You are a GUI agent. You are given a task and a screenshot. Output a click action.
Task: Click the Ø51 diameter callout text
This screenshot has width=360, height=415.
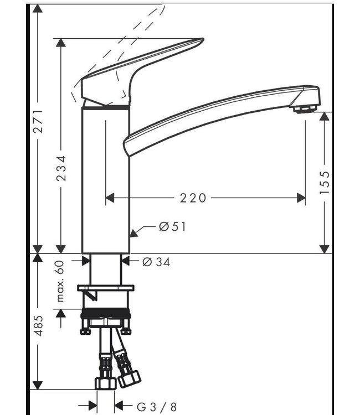[172, 226]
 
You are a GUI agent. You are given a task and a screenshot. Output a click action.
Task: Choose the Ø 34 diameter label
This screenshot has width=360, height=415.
[156, 262]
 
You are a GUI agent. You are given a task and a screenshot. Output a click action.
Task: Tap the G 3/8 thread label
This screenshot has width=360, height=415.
[156, 407]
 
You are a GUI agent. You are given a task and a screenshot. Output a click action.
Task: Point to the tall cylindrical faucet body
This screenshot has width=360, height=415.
[106, 177]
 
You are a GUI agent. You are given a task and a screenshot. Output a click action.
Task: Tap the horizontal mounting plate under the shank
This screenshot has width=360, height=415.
[106, 288]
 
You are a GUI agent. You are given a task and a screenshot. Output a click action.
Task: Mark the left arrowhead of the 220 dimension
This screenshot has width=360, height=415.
[109, 198]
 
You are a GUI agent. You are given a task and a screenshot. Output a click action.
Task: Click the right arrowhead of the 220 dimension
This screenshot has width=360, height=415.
[302, 198]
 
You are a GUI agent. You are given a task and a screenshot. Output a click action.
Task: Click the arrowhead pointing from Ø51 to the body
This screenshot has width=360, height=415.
[133, 234]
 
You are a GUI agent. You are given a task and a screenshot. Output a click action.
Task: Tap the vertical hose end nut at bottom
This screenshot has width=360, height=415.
[104, 382]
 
